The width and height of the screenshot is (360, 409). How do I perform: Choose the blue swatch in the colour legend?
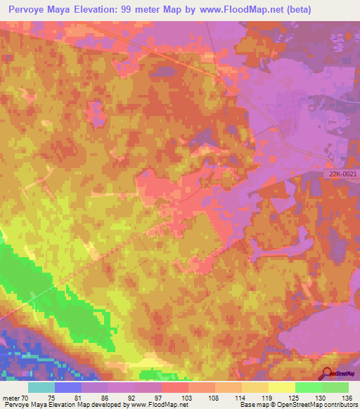68,387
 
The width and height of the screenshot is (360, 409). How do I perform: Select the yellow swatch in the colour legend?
282,387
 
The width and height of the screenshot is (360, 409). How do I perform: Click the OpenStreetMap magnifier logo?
328,374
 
